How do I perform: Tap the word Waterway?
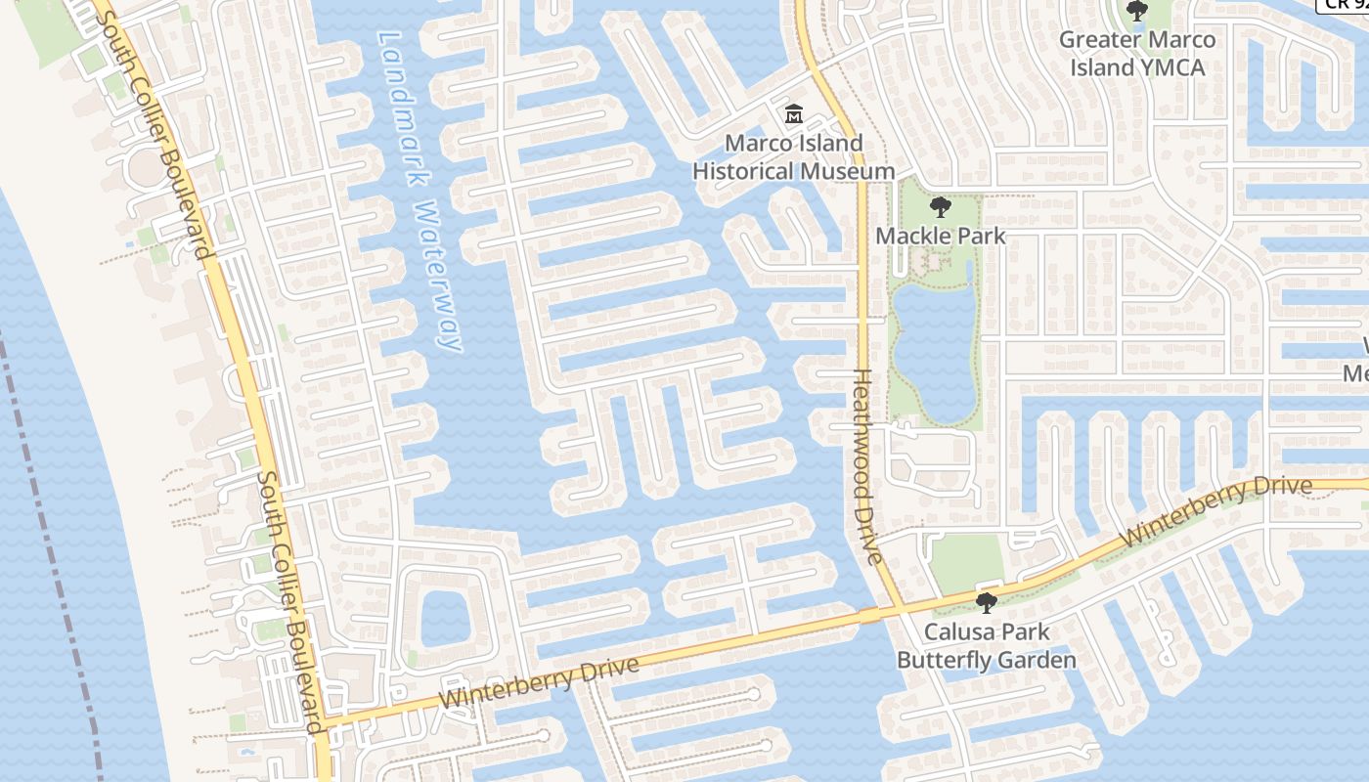436,277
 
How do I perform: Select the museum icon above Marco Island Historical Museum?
793,115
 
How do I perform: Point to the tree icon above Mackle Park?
940,207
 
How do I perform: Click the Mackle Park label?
940,236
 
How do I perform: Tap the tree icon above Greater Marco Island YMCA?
1136,12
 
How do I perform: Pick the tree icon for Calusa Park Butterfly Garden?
987,603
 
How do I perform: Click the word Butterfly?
944,660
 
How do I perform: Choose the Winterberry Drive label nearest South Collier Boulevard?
539,682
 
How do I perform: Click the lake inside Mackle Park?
934,347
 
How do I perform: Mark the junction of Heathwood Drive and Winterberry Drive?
898,610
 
